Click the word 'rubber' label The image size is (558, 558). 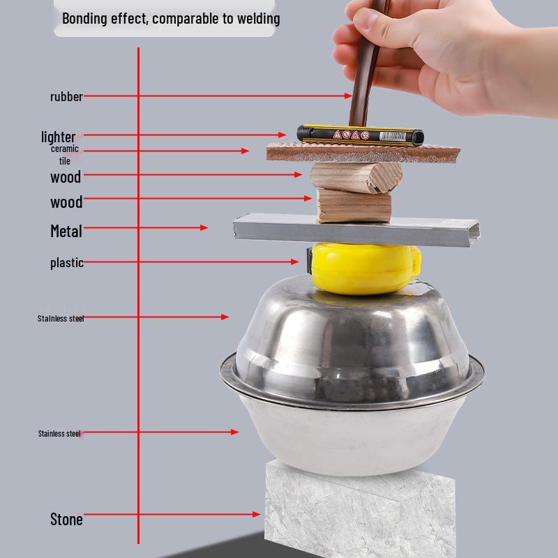pos(66,97)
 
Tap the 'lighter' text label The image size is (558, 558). pos(58,137)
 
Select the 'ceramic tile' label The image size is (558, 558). pos(64,155)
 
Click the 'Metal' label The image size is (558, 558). pos(66,231)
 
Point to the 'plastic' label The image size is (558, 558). pos(67,263)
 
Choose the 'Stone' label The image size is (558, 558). pos(66,519)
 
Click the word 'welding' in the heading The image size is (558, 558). pos(256,19)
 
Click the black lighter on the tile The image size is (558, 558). pos(359,135)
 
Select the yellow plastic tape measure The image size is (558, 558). pos(363,267)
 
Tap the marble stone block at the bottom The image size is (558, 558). pos(359,513)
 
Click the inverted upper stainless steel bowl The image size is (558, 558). pos(352,335)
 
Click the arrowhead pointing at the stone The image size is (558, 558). pos(257,515)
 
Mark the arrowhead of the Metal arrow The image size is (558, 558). pos(204,227)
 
